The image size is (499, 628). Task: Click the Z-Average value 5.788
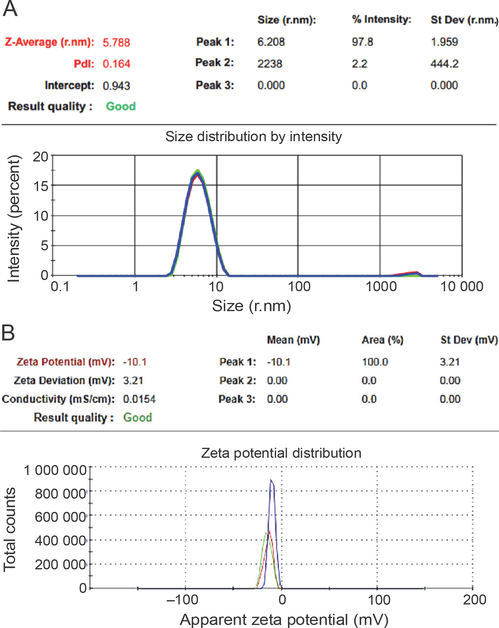[116, 43]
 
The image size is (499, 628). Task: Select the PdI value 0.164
[116, 64]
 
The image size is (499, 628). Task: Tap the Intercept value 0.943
[116, 86]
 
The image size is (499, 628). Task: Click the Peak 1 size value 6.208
[271, 42]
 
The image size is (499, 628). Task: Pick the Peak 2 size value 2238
[270, 64]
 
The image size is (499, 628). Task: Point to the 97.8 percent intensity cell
[362, 42]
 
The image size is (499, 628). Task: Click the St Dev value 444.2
[444, 64]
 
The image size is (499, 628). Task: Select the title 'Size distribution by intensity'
[253, 137]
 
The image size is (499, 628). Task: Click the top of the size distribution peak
[198, 172]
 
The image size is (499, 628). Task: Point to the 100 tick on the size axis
[299, 287]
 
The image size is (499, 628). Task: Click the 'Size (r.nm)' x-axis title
[251, 306]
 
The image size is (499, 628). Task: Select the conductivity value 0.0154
[139, 399]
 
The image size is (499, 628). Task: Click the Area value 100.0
[375, 362]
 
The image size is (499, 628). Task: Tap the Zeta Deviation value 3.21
[133, 380]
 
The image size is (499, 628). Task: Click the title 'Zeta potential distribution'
[281, 453]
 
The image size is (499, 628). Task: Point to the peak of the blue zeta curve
[271, 480]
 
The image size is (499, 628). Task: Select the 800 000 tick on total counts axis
[61, 494]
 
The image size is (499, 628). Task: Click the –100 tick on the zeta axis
[182, 600]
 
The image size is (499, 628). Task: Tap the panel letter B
[8, 333]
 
